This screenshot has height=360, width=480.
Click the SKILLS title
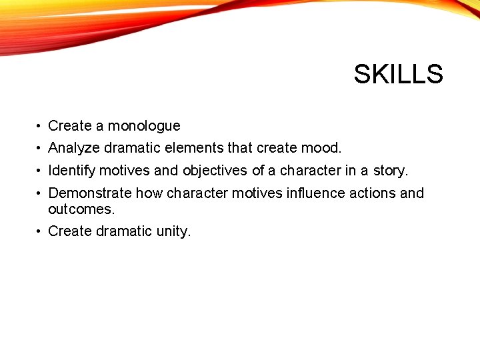pos(398,74)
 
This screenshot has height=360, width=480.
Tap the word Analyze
pos(74,147)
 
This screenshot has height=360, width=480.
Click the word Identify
pos(73,171)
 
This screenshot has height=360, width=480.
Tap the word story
pos(390,171)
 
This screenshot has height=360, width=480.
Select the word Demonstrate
pos(90,193)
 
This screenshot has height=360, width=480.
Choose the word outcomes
pos(81,209)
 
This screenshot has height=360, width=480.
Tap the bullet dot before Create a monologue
pos(40,126)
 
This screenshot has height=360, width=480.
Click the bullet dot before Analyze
pos(40,147)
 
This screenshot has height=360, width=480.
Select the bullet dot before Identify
pos(40,171)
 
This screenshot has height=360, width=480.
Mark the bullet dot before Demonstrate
pos(40,193)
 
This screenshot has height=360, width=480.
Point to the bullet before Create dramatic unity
pos(40,231)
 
